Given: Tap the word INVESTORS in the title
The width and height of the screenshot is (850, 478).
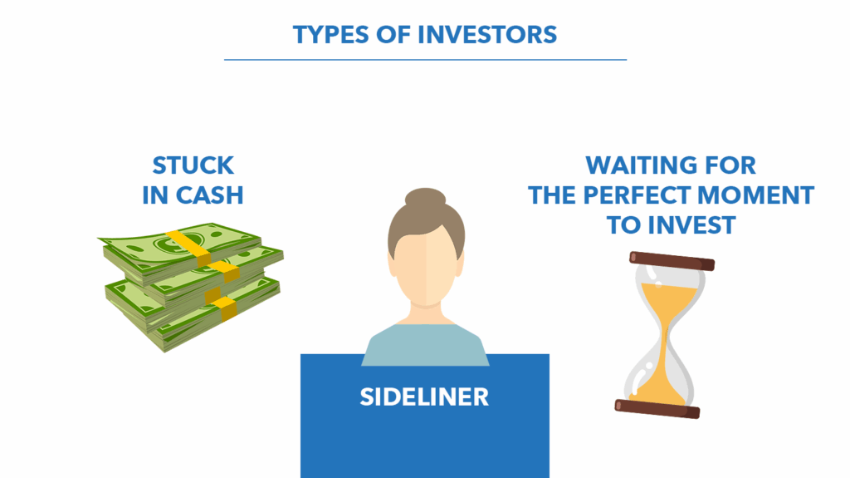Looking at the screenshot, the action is point(487,35).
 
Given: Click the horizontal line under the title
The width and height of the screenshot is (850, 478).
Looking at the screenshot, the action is point(426,60).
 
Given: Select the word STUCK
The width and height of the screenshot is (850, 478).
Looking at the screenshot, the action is point(193,165).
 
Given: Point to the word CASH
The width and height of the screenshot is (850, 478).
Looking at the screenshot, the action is point(210,195).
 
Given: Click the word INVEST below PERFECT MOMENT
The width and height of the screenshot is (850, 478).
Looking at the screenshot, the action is point(691,225).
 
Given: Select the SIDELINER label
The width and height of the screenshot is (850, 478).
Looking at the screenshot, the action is point(424,397).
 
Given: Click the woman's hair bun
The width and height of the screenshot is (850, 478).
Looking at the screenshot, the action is point(426,197).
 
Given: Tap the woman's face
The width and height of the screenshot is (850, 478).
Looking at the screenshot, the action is point(426,266).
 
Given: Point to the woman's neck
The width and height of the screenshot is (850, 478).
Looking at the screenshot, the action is point(426,314).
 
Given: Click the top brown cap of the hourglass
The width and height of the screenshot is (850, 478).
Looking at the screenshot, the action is point(672,261).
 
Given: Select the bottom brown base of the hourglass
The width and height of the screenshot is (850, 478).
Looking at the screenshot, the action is point(657,408).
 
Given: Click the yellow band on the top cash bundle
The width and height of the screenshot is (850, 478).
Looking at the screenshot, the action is point(188,248).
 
